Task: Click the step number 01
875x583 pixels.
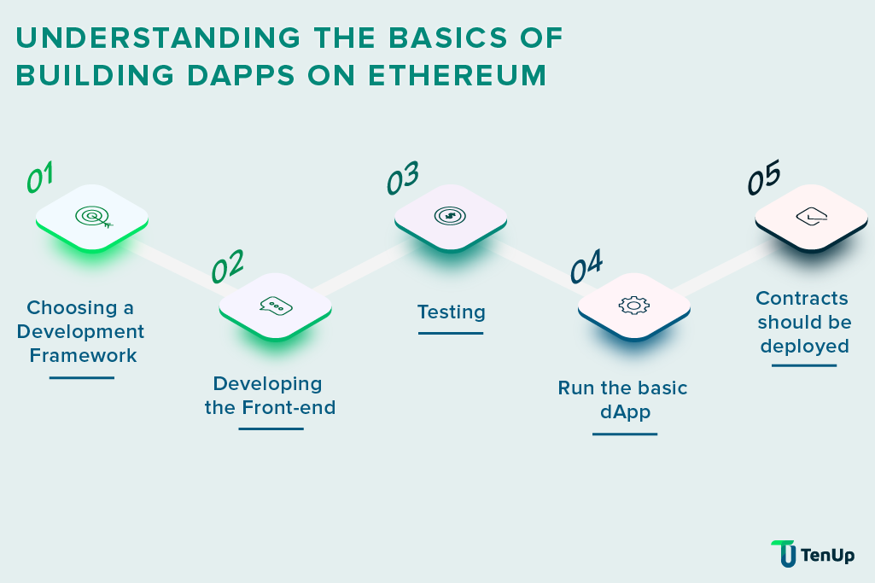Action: coord(40,178)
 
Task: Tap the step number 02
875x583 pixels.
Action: coord(227,267)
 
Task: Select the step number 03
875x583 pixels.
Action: coord(402,179)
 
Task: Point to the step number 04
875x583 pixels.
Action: coord(586,267)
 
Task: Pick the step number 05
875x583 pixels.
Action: coord(764,179)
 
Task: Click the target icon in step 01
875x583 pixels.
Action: coord(92,218)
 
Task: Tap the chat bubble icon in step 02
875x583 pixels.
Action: coord(276,306)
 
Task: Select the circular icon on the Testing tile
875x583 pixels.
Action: coord(450,216)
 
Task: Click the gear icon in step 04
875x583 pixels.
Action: coord(633,305)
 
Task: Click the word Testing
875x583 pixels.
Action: coord(451,312)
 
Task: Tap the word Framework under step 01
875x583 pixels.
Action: coord(83,355)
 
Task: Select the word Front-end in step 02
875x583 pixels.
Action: coord(289,407)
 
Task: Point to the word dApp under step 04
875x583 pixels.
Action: coord(624,412)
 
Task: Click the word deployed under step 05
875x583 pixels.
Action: coord(804,346)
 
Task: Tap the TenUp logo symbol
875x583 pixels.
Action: coord(783,553)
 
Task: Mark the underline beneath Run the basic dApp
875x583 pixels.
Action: coord(624,434)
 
